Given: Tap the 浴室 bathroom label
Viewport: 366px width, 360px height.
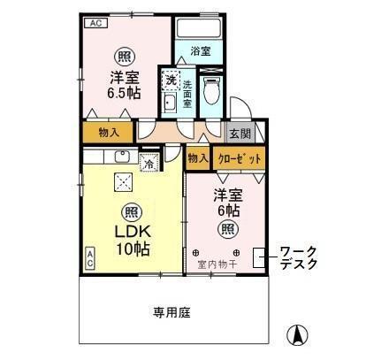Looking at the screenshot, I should [x=199, y=52].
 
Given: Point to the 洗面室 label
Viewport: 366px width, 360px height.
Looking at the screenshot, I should [x=187, y=94].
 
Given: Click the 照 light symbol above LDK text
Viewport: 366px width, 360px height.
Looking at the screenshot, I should [x=129, y=212].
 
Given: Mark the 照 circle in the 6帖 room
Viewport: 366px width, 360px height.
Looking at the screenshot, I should [x=228, y=229].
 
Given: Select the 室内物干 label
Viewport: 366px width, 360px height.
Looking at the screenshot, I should [x=215, y=263].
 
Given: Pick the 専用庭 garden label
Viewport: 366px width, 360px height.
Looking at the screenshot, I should [x=173, y=312].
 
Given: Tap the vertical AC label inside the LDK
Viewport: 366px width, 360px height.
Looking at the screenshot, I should [x=89, y=257].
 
